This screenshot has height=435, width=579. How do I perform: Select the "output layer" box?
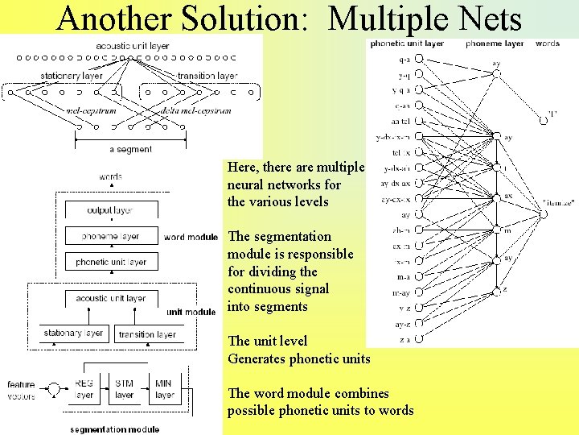111,210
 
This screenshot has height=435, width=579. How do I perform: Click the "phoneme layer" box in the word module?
111,237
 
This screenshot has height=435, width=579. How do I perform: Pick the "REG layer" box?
84,389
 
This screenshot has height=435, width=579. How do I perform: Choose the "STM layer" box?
124,389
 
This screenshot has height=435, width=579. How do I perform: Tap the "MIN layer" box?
164,389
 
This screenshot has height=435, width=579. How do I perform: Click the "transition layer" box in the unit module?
146,334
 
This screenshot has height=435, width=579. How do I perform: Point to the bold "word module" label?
191,238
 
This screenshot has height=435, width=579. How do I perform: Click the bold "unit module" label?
191,312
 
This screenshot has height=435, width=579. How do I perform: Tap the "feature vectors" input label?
21,391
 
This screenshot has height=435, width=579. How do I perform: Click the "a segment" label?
130,149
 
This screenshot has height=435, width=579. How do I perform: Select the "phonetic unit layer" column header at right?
407,43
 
